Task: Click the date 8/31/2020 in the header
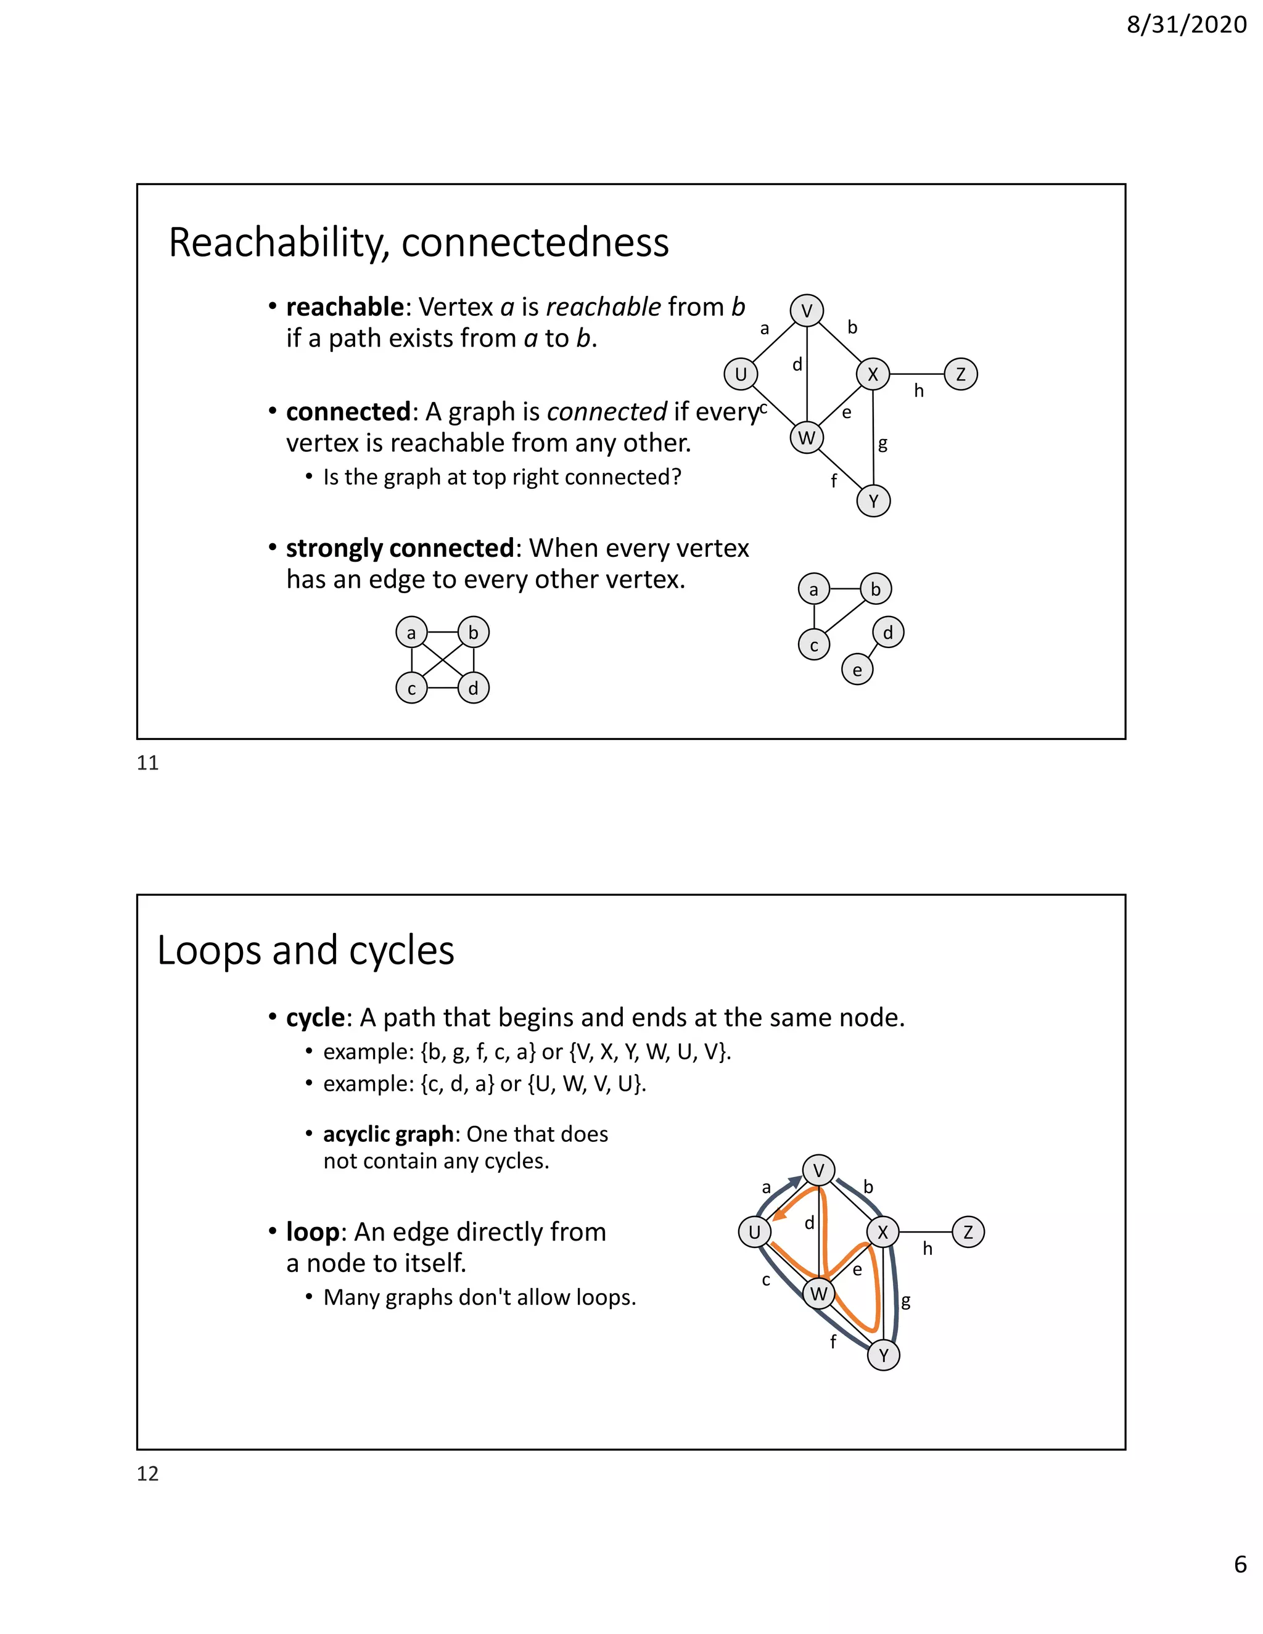click(x=1186, y=25)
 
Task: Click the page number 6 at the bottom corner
click(x=1240, y=1585)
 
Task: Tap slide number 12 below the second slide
click(x=147, y=1473)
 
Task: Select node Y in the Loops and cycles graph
click(x=883, y=1355)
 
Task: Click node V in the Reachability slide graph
click(x=807, y=311)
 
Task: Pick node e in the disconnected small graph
click(x=857, y=670)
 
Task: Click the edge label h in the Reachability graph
click(x=919, y=390)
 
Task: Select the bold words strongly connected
click(x=400, y=548)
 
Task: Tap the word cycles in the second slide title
click(x=401, y=950)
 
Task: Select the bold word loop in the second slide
click(x=312, y=1231)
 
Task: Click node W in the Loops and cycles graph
click(x=818, y=1294)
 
